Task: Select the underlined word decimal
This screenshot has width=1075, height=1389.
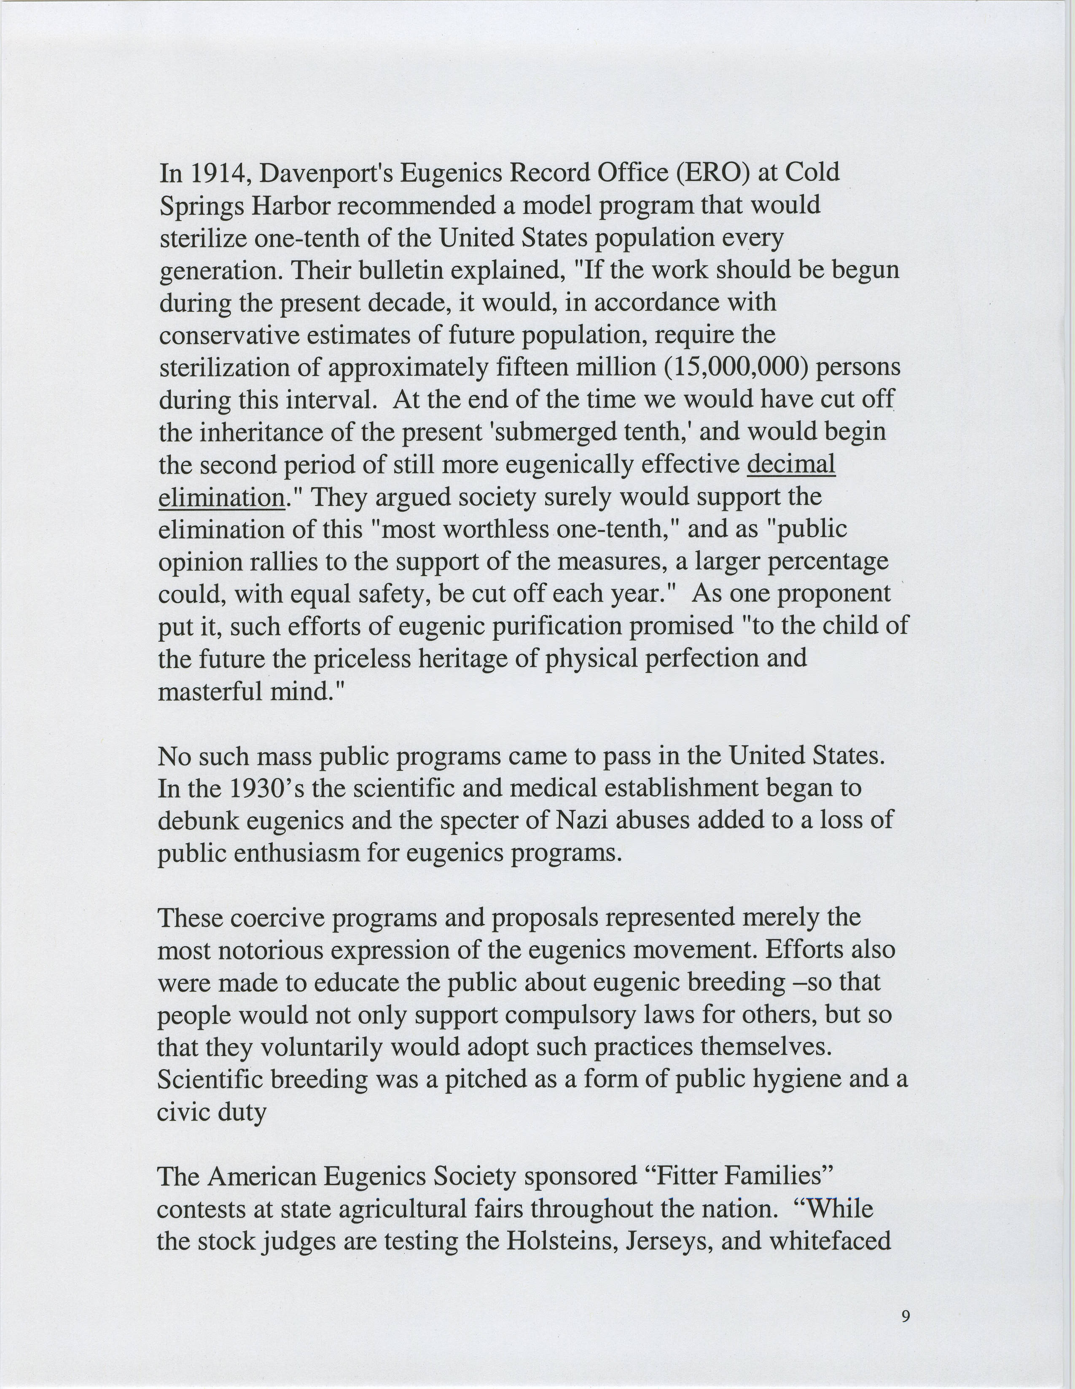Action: click(x=791, y=464)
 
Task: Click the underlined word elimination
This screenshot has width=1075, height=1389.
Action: click(x=221, y=497)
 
